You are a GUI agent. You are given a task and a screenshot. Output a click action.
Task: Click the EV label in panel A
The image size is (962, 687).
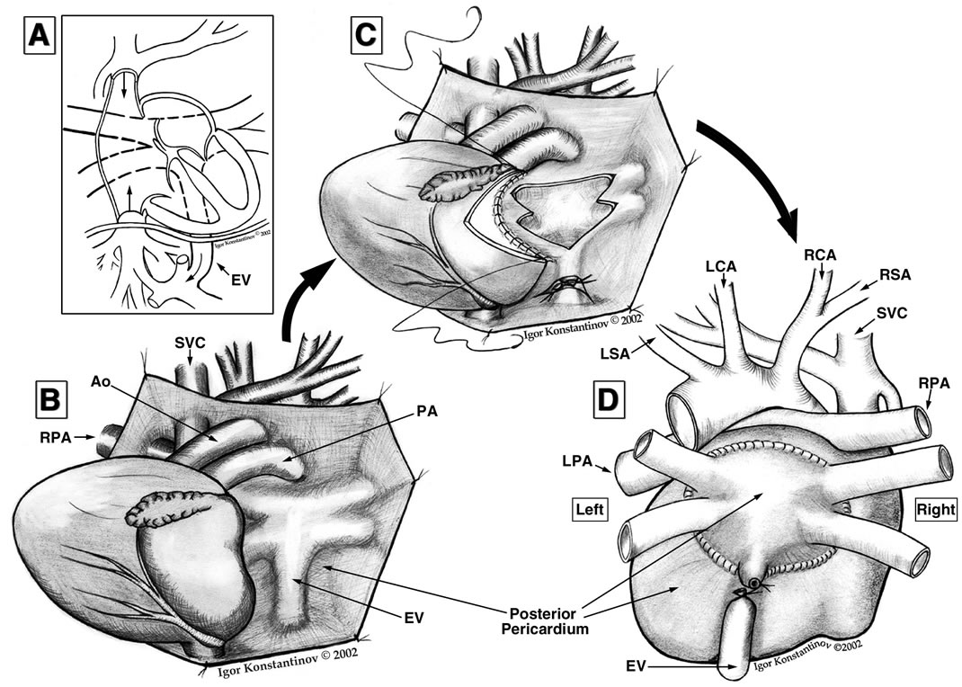[239, 280]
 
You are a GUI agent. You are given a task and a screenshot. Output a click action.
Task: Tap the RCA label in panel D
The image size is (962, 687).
[821, 254]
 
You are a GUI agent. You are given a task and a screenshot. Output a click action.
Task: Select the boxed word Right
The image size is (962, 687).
[931, 510]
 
